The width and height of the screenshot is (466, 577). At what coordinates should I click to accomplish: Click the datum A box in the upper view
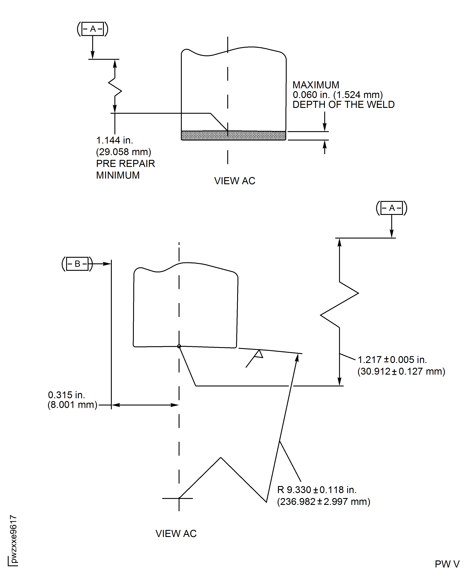[93, 29]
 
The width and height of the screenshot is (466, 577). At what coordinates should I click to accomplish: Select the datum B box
[77, 264]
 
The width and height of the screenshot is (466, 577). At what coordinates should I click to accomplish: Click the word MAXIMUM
[316, 85]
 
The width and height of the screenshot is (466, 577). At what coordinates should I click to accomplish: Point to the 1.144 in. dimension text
[115, 140]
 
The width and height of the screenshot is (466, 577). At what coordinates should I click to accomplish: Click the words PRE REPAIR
[125, 163]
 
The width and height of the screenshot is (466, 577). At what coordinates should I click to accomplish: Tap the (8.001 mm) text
[72, 405]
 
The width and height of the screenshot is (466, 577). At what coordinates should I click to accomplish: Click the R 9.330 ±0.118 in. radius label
[317, 490]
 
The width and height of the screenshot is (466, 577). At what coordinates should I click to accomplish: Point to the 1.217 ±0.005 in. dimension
[392, 360]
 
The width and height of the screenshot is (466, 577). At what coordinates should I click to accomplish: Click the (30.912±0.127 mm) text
[401, 371]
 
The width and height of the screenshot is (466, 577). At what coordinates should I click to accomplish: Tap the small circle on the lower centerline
[179, 346]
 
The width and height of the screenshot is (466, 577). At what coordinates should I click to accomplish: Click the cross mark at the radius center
[179, 498]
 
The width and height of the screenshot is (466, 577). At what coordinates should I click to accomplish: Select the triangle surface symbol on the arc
[259, 354]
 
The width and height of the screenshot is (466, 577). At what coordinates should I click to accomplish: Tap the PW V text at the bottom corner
[447, 564]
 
